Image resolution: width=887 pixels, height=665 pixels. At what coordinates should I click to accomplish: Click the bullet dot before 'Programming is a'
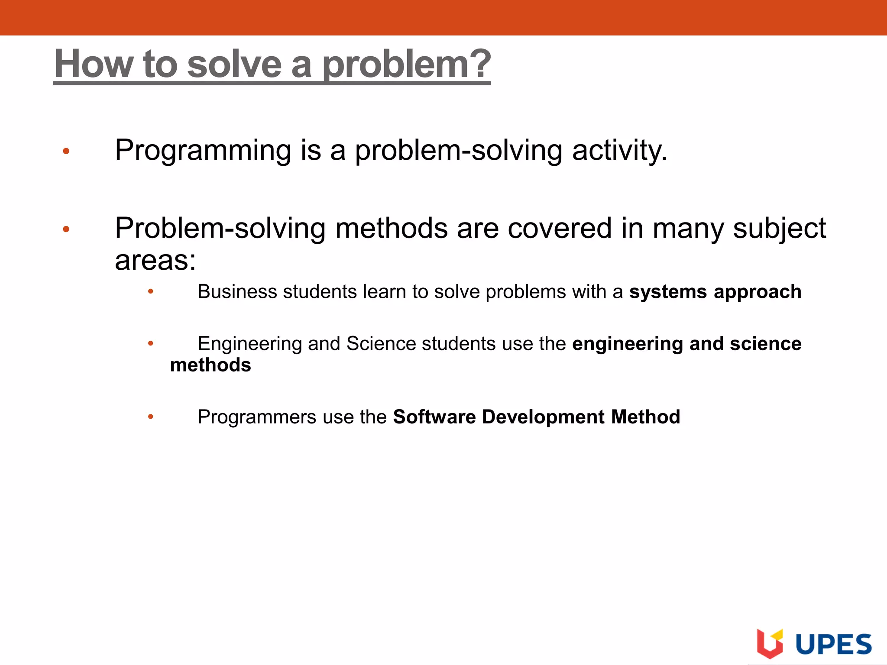(66, 151)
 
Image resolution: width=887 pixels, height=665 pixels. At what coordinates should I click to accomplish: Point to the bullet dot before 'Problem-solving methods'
(66, 229)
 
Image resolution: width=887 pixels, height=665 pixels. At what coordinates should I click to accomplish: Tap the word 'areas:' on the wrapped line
(155, 261)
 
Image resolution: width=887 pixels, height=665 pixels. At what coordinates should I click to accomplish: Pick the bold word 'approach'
(758, 292)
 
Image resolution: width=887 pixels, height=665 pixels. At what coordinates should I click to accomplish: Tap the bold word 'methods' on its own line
(210, 365)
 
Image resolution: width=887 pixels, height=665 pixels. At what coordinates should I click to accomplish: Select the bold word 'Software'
(434, 417)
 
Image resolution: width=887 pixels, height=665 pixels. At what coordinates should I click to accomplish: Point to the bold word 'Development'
(543, 417)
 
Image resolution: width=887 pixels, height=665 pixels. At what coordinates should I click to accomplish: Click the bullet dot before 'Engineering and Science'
(150, 344)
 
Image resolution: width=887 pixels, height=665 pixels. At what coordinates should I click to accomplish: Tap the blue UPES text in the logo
(833, 644)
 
